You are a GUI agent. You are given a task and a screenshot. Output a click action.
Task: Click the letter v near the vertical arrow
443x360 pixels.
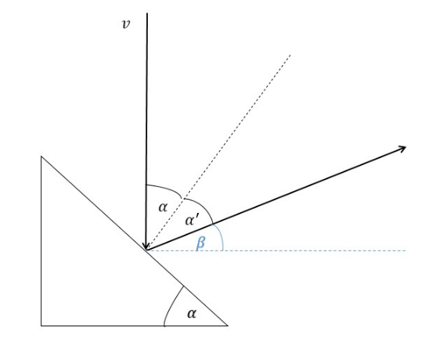126,24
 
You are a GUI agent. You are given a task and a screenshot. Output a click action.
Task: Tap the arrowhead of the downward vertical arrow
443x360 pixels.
146,247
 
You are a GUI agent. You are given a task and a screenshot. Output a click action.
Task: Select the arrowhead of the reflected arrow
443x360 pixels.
402,149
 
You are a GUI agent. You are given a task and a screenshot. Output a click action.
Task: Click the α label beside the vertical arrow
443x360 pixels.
163,207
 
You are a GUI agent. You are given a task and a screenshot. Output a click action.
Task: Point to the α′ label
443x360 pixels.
192,220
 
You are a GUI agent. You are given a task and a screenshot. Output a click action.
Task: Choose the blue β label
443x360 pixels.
200,243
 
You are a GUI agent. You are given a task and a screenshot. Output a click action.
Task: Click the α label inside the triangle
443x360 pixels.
192,314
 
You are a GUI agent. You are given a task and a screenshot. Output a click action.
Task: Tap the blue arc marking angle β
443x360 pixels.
221,236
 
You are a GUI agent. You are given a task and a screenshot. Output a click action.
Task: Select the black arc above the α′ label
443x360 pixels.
202,206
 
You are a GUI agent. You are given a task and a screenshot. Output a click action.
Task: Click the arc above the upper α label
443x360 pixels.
167,188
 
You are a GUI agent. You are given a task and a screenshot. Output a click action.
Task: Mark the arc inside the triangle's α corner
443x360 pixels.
171,304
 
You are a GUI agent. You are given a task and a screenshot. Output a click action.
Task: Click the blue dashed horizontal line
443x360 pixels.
277,250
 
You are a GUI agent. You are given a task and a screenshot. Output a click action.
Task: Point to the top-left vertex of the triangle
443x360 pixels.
41,157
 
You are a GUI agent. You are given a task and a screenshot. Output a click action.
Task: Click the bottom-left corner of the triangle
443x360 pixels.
41,326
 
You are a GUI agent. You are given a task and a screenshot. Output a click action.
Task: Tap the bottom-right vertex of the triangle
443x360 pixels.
228,326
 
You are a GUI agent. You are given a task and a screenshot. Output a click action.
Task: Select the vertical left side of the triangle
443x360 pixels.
41,241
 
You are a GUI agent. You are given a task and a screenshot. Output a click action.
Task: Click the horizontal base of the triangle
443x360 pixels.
135,326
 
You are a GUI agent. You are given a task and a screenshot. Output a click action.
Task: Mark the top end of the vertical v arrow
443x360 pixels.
147,13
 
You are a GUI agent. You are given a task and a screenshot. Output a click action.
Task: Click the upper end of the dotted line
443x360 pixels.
290,55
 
